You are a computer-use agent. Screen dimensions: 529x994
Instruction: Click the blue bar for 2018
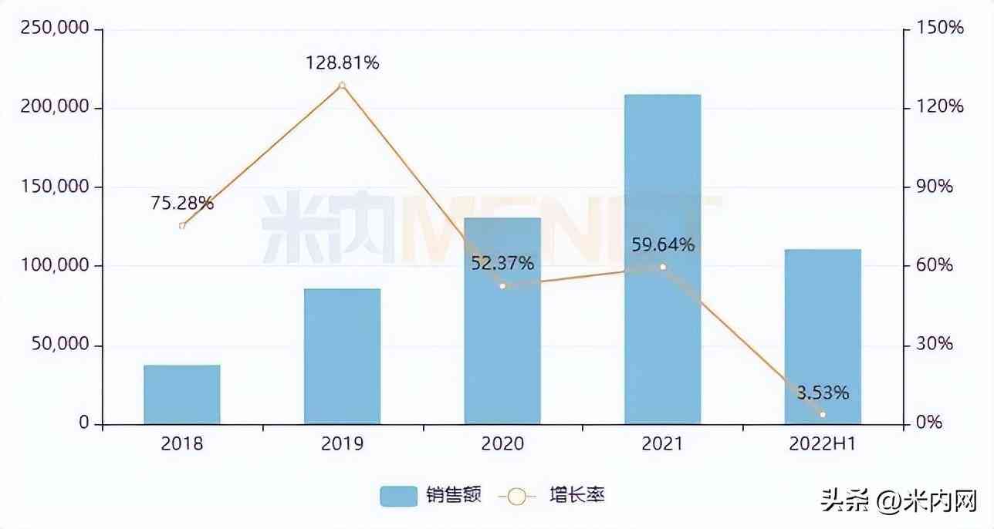tap(182, 394)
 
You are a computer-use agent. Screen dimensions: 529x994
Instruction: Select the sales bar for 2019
tap(342, 356)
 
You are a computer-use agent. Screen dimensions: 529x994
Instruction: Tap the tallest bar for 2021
tap(662, 259)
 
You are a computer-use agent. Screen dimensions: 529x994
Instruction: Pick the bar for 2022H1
tap(823, 336)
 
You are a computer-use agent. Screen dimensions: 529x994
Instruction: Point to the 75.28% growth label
tap(182, 204)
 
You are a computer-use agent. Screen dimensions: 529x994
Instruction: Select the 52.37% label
tap(502, 264)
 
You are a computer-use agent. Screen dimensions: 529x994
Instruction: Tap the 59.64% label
tap(662, 245)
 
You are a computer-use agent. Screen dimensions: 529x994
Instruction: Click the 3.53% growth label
tap(823, 393)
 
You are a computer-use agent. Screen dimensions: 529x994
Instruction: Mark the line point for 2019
tap(342, 86)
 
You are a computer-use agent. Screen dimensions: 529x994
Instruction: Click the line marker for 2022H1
tap(823, 415)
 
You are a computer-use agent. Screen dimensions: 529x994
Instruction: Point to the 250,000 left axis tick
tap(59, 29)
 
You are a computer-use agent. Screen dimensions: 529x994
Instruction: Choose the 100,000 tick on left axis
tap(59, 266)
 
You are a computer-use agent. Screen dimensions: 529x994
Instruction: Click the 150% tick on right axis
tap(940, 29)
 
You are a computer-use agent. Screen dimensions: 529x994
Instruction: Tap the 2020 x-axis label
tap(502, 444)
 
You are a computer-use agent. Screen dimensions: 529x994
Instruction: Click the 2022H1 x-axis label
tap(823, 444)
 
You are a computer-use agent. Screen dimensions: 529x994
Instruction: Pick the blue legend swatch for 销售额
tap(399, 496)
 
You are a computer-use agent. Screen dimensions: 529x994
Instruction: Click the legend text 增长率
tap(577, 495)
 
